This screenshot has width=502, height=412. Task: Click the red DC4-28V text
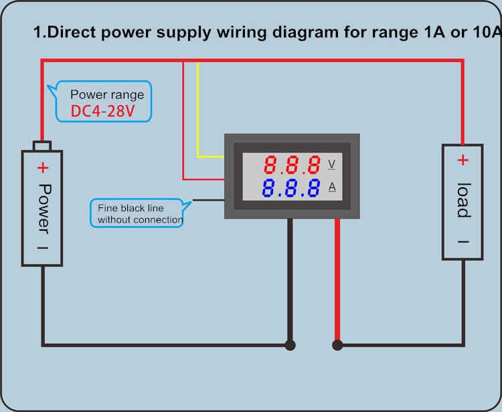pos(102,111)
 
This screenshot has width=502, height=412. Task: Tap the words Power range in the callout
pos(107,95)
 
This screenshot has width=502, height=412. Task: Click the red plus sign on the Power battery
pos(43,168)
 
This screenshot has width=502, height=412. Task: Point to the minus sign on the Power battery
pos(43,247)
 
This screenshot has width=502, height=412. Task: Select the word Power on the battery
pos(44,209)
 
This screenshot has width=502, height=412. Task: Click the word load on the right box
pos(464,200)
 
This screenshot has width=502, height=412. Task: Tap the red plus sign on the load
pos(463,160)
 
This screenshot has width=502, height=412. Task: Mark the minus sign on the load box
pos(463,242)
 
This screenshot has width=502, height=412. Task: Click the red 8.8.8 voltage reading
pos(292,165)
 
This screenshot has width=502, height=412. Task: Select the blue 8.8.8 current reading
pos(290,188)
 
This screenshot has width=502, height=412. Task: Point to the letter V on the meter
pos(332,165)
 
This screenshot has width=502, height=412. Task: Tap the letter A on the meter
pos(332,187)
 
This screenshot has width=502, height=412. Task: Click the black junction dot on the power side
pos(290,345)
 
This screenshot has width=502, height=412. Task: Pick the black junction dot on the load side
pos(337,345)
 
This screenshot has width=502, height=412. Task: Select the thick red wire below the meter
pos(337,279)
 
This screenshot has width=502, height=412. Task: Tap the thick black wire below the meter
pos(290,279)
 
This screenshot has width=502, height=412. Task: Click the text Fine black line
pos(131,208)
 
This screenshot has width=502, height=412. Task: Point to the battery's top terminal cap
pos(42,146)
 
